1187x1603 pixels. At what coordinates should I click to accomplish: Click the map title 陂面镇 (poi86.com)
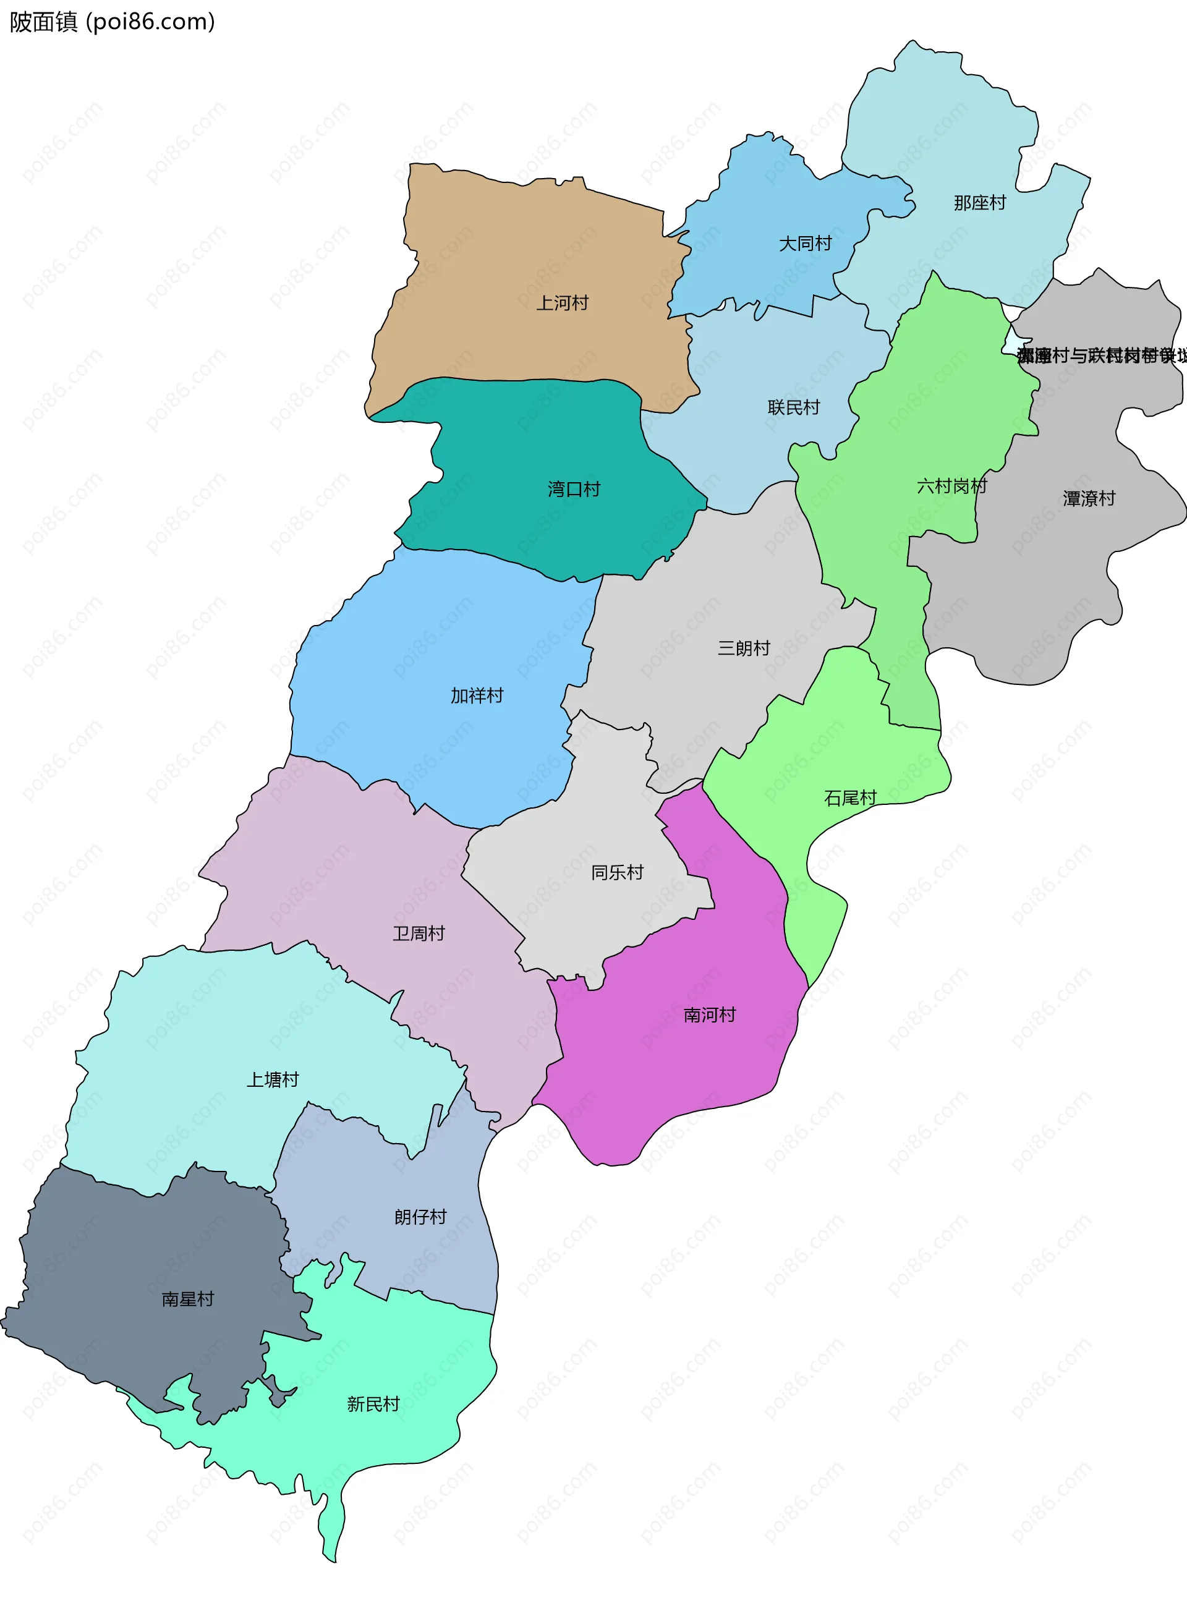(112, 22)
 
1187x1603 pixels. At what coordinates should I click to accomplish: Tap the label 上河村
(562, 303)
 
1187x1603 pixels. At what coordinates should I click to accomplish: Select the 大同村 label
(805, 244)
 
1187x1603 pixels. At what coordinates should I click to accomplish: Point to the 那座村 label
(979, 203)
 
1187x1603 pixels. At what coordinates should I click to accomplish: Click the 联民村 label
(793, 408)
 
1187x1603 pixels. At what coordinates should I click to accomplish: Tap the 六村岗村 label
(951, 487)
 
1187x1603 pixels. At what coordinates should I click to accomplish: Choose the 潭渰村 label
(1089, 500)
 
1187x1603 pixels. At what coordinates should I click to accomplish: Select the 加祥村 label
(477, 696)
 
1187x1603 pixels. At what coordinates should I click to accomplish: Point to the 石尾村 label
(850, 798)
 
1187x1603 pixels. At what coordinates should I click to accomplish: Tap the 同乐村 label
(616, 873)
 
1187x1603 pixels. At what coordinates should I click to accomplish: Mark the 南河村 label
(709, 1015)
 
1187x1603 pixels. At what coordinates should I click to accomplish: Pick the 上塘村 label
(272, 1080)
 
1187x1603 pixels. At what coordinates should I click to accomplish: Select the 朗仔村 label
(420, 1217)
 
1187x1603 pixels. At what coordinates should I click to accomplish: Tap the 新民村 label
(373, 1405)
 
